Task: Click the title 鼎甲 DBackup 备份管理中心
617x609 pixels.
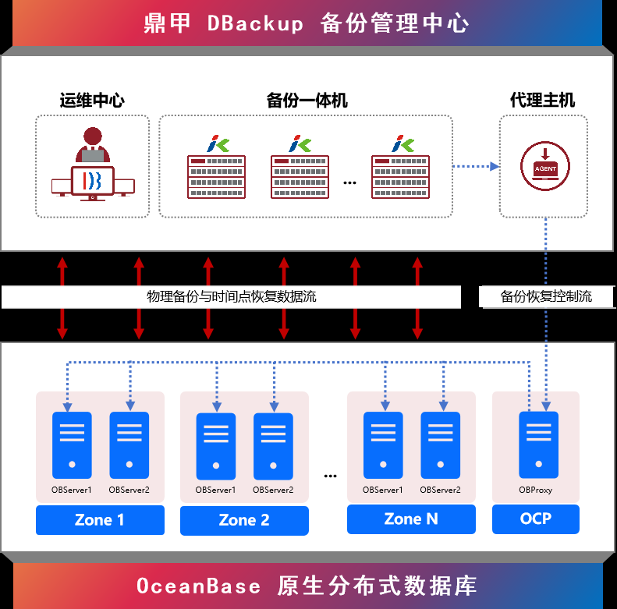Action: point(307,23)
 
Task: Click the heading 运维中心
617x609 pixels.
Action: point(92,100)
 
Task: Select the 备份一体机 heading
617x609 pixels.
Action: point(307,101)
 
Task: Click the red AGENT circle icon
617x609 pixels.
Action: point(545,165)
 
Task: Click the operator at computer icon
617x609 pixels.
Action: point(93,165)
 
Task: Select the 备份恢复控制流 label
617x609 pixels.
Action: point(546,296)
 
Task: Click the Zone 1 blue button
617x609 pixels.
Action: point(100,520)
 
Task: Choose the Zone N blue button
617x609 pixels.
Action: point(411,519)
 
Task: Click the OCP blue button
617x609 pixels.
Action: point(536,519)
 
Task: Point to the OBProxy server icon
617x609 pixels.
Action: point(538,445)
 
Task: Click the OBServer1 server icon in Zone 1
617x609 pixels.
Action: point(72,445)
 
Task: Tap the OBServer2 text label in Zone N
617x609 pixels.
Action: point(440,490)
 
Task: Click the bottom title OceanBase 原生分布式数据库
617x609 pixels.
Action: point(307,586)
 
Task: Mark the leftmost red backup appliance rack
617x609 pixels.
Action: point(216,176)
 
